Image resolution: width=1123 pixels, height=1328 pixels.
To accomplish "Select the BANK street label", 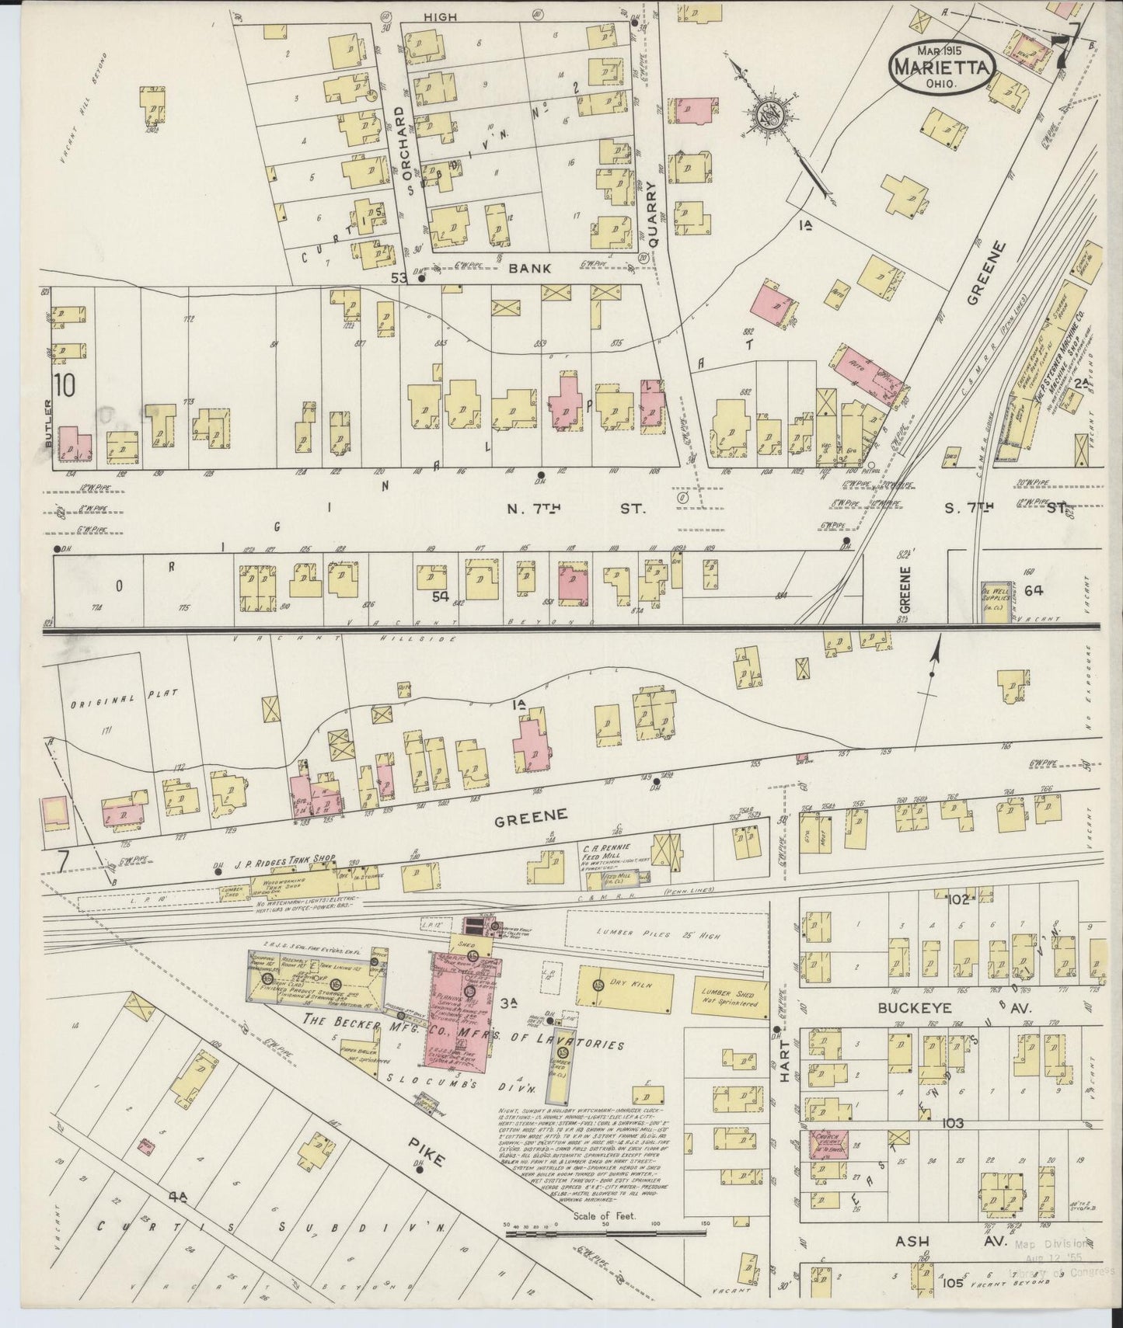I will coord(531,268).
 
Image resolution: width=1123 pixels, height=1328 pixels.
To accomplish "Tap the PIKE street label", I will coord(427,1150).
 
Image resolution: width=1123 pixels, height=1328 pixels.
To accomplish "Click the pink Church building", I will coord(827,1147).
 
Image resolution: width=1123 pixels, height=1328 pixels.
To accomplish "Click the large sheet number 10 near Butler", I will coord(65,385).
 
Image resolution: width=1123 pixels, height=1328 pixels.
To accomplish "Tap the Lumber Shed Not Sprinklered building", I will coord(728,997).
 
